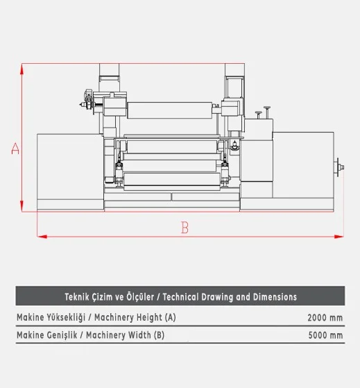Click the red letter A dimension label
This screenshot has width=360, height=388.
coord(15,149)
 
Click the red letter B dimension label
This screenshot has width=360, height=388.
coord(185,228)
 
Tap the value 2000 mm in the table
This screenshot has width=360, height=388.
coord(325,317)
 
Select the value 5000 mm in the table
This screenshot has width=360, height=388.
coord(325,335)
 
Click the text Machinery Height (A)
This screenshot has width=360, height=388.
coord(135,317)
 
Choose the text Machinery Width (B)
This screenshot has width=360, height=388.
coord(125,335)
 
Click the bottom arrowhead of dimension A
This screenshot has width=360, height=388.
coord(22,206)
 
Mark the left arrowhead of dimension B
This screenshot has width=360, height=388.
coord(42,237)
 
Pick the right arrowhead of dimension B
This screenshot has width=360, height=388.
coord(338,237)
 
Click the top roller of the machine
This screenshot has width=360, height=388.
coord(170,110)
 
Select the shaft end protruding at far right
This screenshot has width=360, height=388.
coord(339,167)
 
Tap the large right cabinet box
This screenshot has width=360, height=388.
coord(303,165)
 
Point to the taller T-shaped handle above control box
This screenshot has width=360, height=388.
coord(267,112)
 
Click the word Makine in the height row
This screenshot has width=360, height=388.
coord(30,317)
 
